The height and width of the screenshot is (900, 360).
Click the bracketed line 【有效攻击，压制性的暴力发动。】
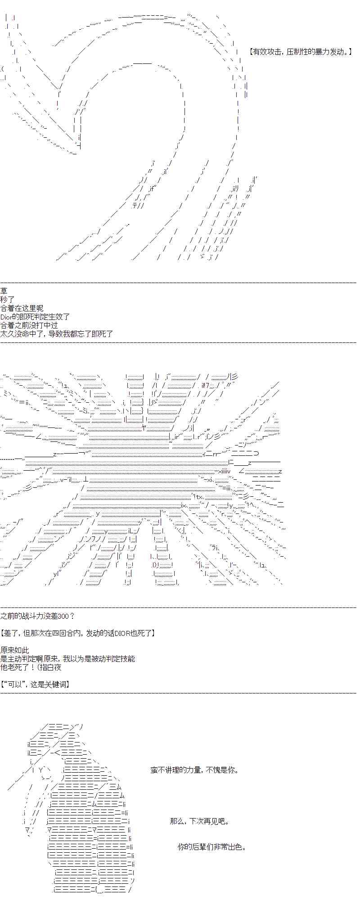300,52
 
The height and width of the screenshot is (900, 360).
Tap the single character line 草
4,291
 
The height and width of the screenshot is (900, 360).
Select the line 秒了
8,300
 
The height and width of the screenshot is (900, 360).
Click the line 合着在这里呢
22,308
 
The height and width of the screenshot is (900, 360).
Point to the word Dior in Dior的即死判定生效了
8,317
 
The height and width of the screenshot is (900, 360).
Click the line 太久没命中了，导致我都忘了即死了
57,334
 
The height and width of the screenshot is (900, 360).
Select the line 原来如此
15,650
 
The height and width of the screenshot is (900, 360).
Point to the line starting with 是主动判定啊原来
67,659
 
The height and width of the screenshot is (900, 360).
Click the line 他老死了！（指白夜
31,667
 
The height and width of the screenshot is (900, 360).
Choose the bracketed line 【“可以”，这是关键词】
35,684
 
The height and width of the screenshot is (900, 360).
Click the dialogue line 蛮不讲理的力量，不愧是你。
194,770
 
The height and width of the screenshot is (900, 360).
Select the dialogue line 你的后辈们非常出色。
212,847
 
